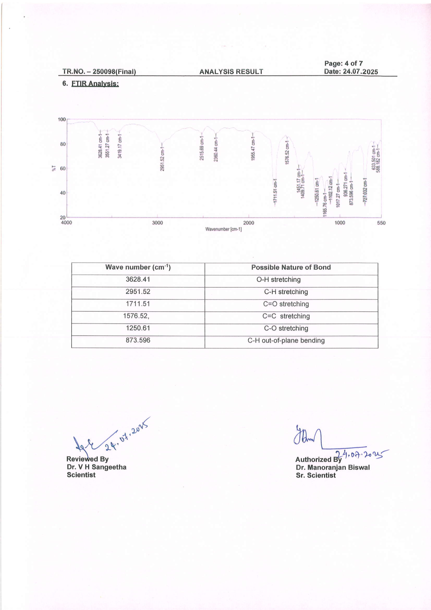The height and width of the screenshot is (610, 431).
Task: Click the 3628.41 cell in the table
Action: pyautogui.click(x=138, y=280)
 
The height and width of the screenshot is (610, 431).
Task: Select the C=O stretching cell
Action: pyautogui.click(x=286, y=304)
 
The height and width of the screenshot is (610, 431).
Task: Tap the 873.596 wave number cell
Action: pyautogui.click(x=138, y=340)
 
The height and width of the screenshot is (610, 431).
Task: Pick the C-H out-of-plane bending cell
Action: pyautogui.click(x=286, y=341)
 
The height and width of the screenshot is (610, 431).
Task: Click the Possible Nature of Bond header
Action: pyautogui.click(x=291, y=268)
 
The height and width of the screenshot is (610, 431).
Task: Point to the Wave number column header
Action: pyautogui.click(x=138, y=267)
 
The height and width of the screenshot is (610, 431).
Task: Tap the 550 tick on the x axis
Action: pyautogui.click(x=381, y=223)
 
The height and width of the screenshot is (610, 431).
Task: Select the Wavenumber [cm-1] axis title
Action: pyautogui.click(x=223, y=229)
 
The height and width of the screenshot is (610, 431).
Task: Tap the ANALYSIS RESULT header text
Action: pyautogui.click(x=231, y=72)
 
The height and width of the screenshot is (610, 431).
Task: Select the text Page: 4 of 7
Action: pyautogui.click(x=343, y=63)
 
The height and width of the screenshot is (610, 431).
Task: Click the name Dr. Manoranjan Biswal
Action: pyautogui.click(x=332, y=468)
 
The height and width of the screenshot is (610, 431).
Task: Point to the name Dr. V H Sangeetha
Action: pyautogui.click(x=96, y=467)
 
